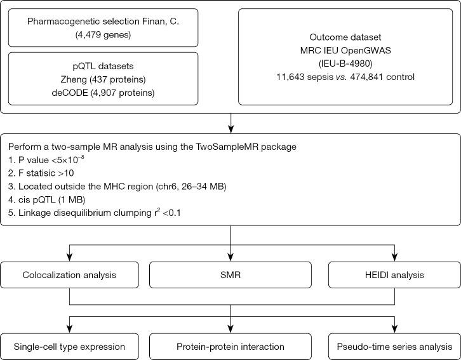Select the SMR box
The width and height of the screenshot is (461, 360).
230,276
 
